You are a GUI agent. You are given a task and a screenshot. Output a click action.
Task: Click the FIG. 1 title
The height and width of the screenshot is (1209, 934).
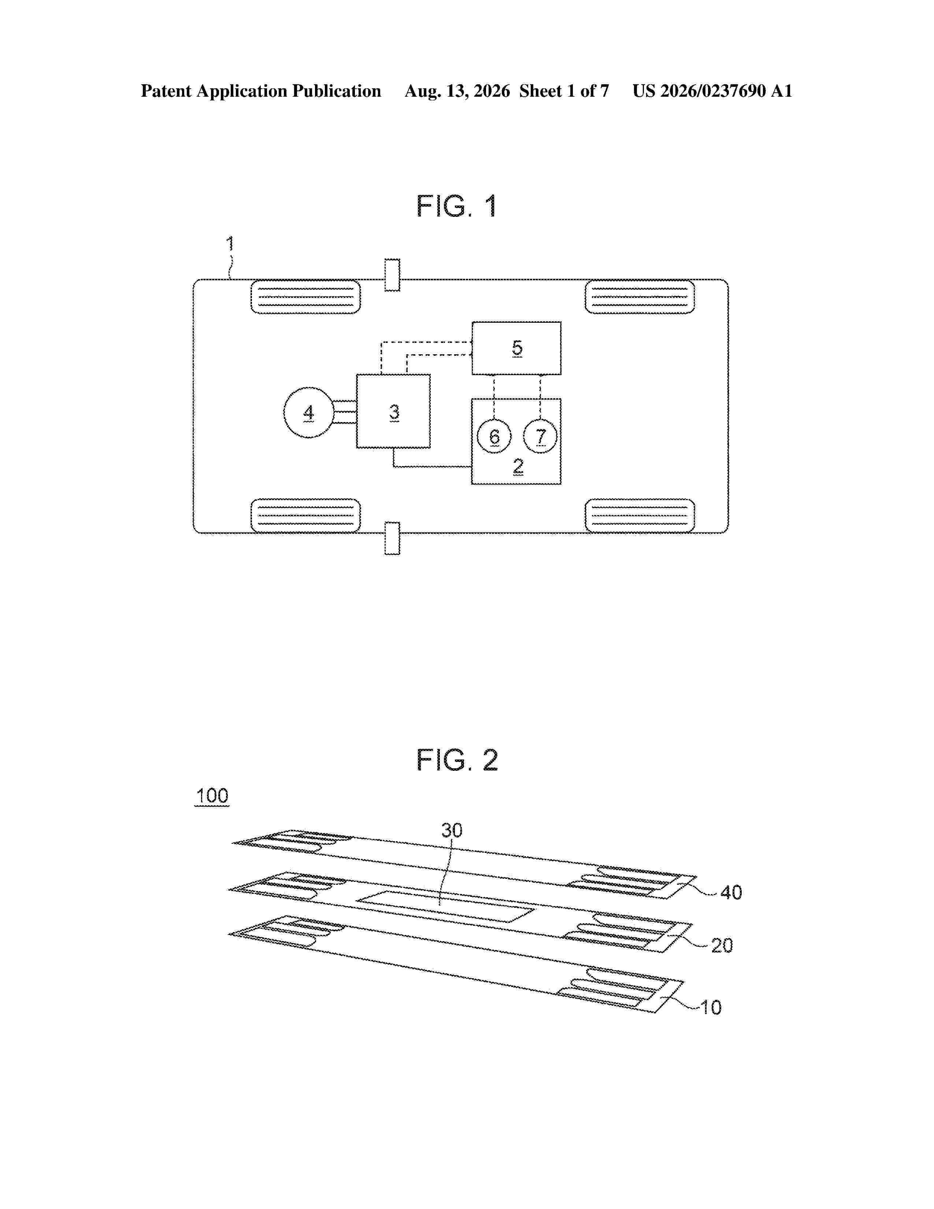(456, 207)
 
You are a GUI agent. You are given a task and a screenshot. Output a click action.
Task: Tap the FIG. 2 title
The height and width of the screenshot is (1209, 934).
(457, 760)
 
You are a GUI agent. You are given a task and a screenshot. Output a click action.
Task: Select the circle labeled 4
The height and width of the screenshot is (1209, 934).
(309, 413)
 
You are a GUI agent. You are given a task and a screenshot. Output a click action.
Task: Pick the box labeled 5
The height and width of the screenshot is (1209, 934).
(516, 348)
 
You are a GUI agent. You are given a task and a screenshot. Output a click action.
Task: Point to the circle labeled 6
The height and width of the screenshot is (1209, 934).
(494, 436)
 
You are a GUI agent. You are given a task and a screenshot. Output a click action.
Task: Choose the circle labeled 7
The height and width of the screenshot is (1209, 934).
(540, 436)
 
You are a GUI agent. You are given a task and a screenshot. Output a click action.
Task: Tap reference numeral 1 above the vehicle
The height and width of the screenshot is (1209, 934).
(230, 244)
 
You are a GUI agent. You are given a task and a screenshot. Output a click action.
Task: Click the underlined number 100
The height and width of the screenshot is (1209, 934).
(212, 796)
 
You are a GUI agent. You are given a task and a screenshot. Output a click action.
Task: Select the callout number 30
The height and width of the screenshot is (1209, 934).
(452, 830)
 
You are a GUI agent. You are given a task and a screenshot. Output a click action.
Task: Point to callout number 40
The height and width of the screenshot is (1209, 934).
(731, 892)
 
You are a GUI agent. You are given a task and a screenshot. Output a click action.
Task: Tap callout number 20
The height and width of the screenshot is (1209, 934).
(722, 946)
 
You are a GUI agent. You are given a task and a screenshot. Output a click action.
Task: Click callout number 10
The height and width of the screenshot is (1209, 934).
(711, 1008)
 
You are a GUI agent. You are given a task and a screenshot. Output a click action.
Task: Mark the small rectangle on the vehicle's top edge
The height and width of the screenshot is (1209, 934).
(392, 274)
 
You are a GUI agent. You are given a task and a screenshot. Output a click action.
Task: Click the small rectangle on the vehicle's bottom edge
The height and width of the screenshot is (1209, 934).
(392, 538)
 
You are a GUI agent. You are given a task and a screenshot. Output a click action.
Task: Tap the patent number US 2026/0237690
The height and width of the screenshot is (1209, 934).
(699, 91)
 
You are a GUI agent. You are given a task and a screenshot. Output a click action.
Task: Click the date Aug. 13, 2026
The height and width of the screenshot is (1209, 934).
(457, 91)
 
